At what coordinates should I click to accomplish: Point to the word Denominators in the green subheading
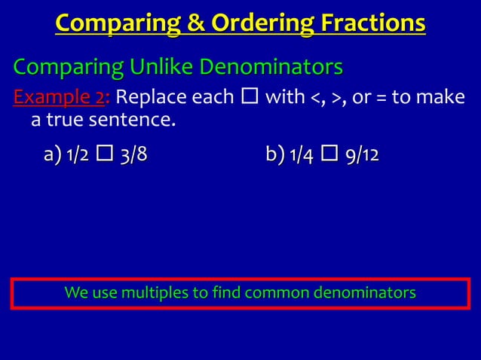pos(271,69)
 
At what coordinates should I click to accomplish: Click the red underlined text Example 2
pos(60,98)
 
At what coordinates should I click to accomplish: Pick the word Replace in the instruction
pos(151,98)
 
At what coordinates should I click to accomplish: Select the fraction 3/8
pos(133,156)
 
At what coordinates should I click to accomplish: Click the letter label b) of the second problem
pos(274,156)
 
